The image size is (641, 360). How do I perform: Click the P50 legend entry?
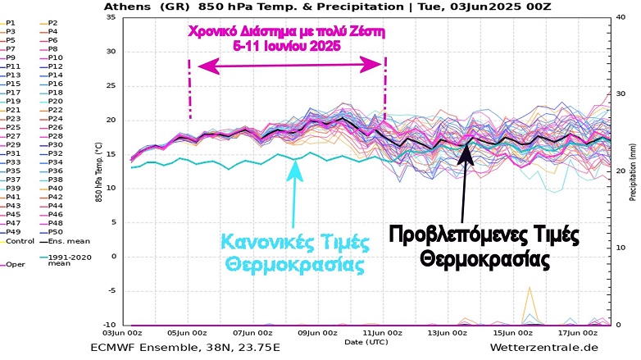pyautogui.click(x=56, y=230)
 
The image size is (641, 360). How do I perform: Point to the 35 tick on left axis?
pyautogui.click(x=110, y=17)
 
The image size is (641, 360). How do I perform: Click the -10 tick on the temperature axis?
pyautogui.click(x=108, y=325)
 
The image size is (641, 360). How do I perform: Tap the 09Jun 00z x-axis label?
pyautogui.click(x=317, y=334)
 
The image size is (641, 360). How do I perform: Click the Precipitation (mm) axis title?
pyautogui.click(x=633, y=171)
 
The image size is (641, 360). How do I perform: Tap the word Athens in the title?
pyautogui.click(x=123, y=7)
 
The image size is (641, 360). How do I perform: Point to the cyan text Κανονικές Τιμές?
pyautogui.click(x=293, y=243)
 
